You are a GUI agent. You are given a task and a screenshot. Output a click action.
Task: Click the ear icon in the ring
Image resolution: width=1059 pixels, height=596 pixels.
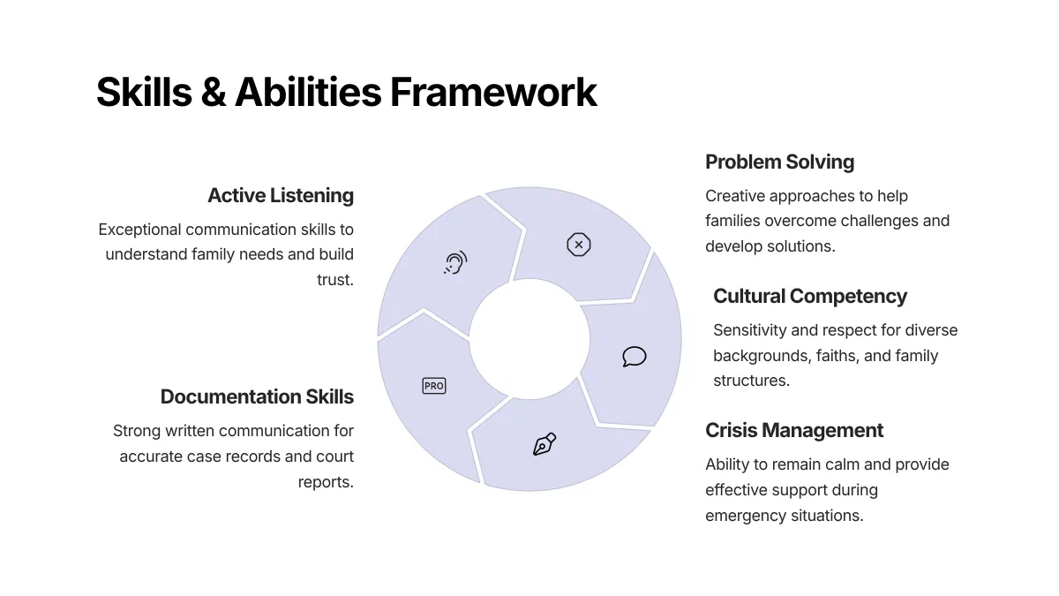455,262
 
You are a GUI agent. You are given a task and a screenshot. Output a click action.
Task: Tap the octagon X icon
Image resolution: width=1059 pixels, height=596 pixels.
578,245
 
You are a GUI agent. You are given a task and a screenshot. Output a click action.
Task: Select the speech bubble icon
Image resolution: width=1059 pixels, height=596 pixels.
634,357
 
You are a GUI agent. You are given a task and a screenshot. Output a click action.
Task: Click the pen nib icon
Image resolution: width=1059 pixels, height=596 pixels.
545,444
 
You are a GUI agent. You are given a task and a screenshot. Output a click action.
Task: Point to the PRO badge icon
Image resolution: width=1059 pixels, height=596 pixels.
434,386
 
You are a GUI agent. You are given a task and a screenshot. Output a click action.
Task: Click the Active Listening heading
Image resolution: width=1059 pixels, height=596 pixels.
281,195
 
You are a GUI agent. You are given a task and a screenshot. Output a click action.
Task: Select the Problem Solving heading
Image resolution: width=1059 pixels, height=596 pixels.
779,162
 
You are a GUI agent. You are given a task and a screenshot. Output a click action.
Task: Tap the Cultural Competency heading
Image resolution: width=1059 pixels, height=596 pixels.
810,296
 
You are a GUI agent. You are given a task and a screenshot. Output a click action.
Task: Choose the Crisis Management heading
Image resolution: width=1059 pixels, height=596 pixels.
794,430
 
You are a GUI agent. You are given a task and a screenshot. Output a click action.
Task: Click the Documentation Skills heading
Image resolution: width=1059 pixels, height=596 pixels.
257,396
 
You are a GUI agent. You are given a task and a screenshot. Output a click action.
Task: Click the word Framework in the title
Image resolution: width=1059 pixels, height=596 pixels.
493,93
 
